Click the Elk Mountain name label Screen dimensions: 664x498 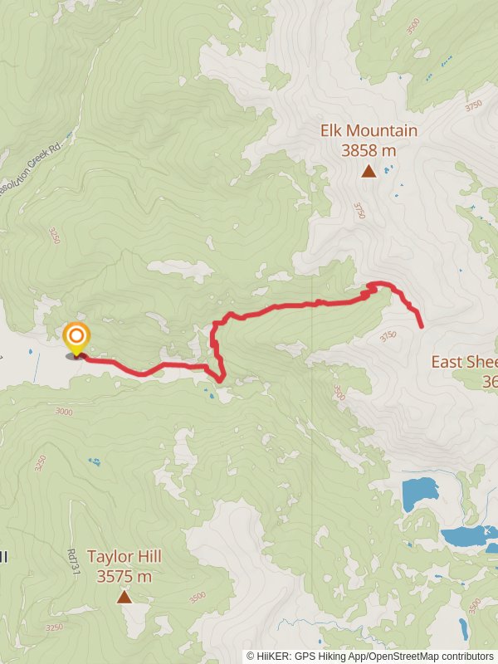[x=369, y=131]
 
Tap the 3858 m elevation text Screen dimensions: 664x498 [x=369, y=150]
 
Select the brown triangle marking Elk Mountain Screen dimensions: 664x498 [x=369, y=171]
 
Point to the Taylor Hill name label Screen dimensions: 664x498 [x=124, y=557]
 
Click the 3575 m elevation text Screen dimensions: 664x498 [x=124, y=576]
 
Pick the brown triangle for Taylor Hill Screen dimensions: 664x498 [x=124, y=596]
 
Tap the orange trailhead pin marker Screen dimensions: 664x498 [x=76, y=337]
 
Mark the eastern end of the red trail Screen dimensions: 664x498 [x=422, y=327]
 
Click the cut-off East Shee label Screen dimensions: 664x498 [x=464, y=362]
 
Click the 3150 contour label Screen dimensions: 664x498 [x=388, y=335]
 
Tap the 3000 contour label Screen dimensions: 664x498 [x=64, y=411]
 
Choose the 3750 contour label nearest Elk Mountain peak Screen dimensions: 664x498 [x=359, y=211]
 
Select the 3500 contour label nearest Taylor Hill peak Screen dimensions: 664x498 [x=198, y=597]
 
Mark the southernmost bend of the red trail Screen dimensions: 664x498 [x=220, y=380]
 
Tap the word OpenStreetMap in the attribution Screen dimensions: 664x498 [x=401, y=656]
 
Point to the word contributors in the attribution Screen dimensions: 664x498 [x=466, y=656]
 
